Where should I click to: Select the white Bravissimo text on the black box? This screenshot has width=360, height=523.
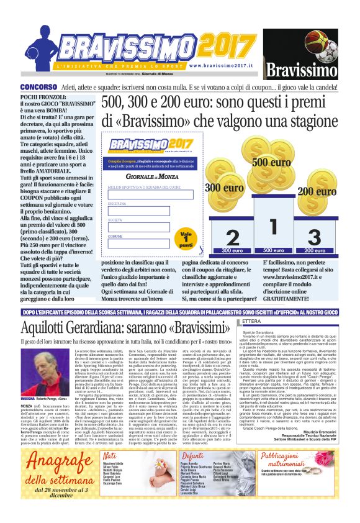point(300,68)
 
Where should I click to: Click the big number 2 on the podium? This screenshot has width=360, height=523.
point(232,238)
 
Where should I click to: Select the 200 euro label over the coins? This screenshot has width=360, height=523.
point(313,191)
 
